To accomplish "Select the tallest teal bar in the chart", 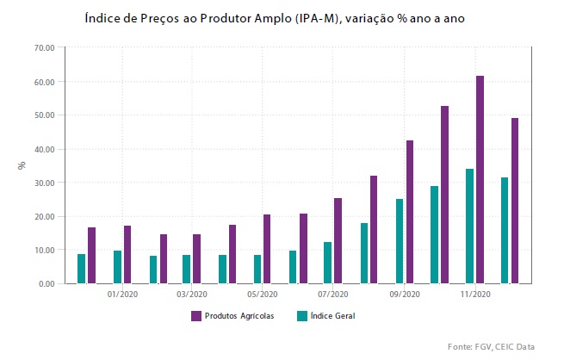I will coord(469,226).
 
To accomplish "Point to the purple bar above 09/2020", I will coord(410,212).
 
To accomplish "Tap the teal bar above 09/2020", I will coord(400,241).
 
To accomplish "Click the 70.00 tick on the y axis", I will coord(44,47).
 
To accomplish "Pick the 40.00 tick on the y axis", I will coord(44,149).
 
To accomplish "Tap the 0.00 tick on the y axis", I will coord(46,284).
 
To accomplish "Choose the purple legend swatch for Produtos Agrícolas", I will coord(195,316).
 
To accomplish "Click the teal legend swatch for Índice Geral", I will coord(301,316).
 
